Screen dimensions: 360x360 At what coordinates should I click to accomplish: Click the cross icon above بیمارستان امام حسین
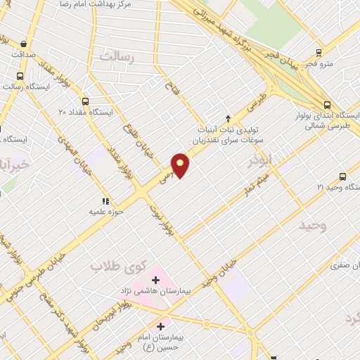point(161,326)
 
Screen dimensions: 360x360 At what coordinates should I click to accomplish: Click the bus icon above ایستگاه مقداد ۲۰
point(85,101)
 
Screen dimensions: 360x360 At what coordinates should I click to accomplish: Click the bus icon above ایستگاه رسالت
point(20,77)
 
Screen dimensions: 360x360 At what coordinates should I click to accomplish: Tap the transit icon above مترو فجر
point(319,52)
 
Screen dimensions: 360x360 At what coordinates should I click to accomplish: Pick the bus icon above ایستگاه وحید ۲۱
point(342,176)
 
